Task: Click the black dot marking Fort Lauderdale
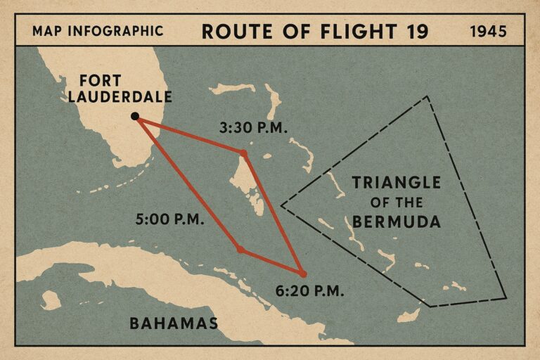click(x=135, y=116)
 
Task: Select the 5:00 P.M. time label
click(x=169, y=219)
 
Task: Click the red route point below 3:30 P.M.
click(x=243, y=153)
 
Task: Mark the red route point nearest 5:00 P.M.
click(x=240, y=250)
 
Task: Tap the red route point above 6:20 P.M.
click(x=302, y=273)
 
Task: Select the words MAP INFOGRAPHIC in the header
click(x=98, y=32)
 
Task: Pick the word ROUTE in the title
click(x=233, y=32)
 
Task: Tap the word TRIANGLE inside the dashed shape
click(x=396, y=184)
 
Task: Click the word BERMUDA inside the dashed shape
click(x=397, y=222)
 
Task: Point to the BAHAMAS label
click(x=173, y=323)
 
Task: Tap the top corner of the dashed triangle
click(x=428, y=96)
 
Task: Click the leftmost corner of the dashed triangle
click(x=281, y=206)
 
